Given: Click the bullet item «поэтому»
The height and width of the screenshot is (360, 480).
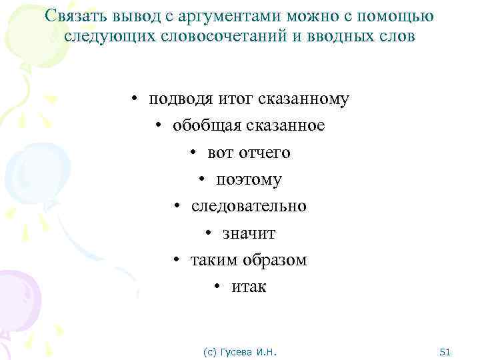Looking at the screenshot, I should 249,180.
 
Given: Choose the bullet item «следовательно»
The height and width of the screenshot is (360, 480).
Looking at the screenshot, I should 249,207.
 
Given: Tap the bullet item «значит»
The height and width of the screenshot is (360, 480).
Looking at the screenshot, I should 249,233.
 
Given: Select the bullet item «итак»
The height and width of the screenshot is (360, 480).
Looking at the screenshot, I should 249,287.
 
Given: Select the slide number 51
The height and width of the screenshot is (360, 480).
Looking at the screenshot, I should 446,351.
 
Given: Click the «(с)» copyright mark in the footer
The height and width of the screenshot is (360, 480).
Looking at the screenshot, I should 209,351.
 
